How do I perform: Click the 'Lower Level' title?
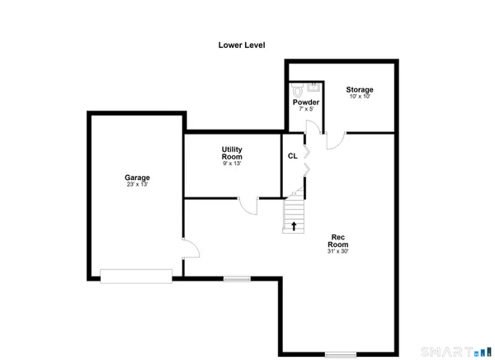click(241, 45)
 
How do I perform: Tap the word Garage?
click(137, 178)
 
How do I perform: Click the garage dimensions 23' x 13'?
click(137, 185)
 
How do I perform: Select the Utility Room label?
click(231, 153)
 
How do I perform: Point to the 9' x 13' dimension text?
click(231, 163)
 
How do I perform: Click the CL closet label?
click(292, 155)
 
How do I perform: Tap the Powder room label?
click(306, 102)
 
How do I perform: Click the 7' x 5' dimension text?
click(306, 110)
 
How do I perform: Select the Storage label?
click(360, 89)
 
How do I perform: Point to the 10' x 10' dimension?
click(360, 97)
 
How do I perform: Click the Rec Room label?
click(337, 240)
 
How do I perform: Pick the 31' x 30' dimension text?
click(337, 252)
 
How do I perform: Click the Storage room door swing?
click(334, 141)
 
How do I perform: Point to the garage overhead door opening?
click(136, 277)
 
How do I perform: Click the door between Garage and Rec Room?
click(189, 249)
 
